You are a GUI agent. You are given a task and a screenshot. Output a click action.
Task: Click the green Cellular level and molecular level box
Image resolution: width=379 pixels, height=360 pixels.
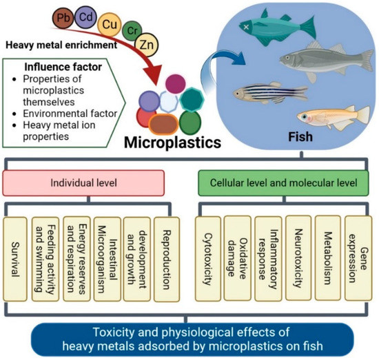(x=283, y=184)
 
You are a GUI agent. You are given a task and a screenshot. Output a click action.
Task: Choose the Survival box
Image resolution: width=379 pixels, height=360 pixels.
(x=16, y=259)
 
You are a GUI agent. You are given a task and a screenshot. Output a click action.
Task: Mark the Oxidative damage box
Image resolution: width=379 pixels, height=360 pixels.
(x=236, y=259)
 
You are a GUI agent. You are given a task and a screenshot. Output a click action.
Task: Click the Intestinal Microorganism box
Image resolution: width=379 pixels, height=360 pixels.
(x=107, y=259)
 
